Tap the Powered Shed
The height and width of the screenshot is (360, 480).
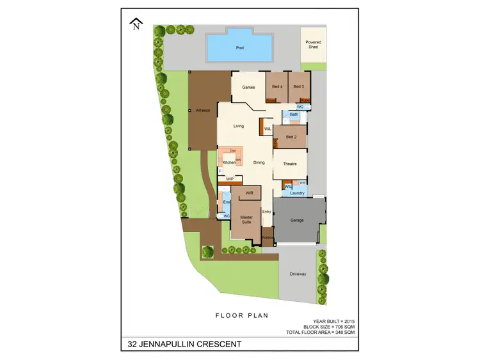pos(313,45)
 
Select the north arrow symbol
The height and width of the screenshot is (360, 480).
pos(135,25)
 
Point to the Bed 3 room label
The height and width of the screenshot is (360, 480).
pos(298,86)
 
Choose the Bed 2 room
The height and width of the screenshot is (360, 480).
pos(291,137)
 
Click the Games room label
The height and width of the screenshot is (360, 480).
pos(248,87)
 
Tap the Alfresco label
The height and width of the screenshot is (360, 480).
pos(203,110)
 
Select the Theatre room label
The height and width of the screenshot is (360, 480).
pos(290,164)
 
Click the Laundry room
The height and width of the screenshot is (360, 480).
pos(297,192)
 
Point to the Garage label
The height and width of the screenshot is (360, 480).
pos(297,220)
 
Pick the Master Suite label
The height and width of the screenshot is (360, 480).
pos(246,219)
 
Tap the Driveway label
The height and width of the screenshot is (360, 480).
pos(298,274)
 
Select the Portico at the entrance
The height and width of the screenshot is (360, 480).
pos(267,238)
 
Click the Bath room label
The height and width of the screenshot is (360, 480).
pos(294,114)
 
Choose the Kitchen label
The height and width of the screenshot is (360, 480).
pos(228,163)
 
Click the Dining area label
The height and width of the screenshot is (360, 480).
pos(259,162)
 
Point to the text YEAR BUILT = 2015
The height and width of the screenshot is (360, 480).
pos(333,320)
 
